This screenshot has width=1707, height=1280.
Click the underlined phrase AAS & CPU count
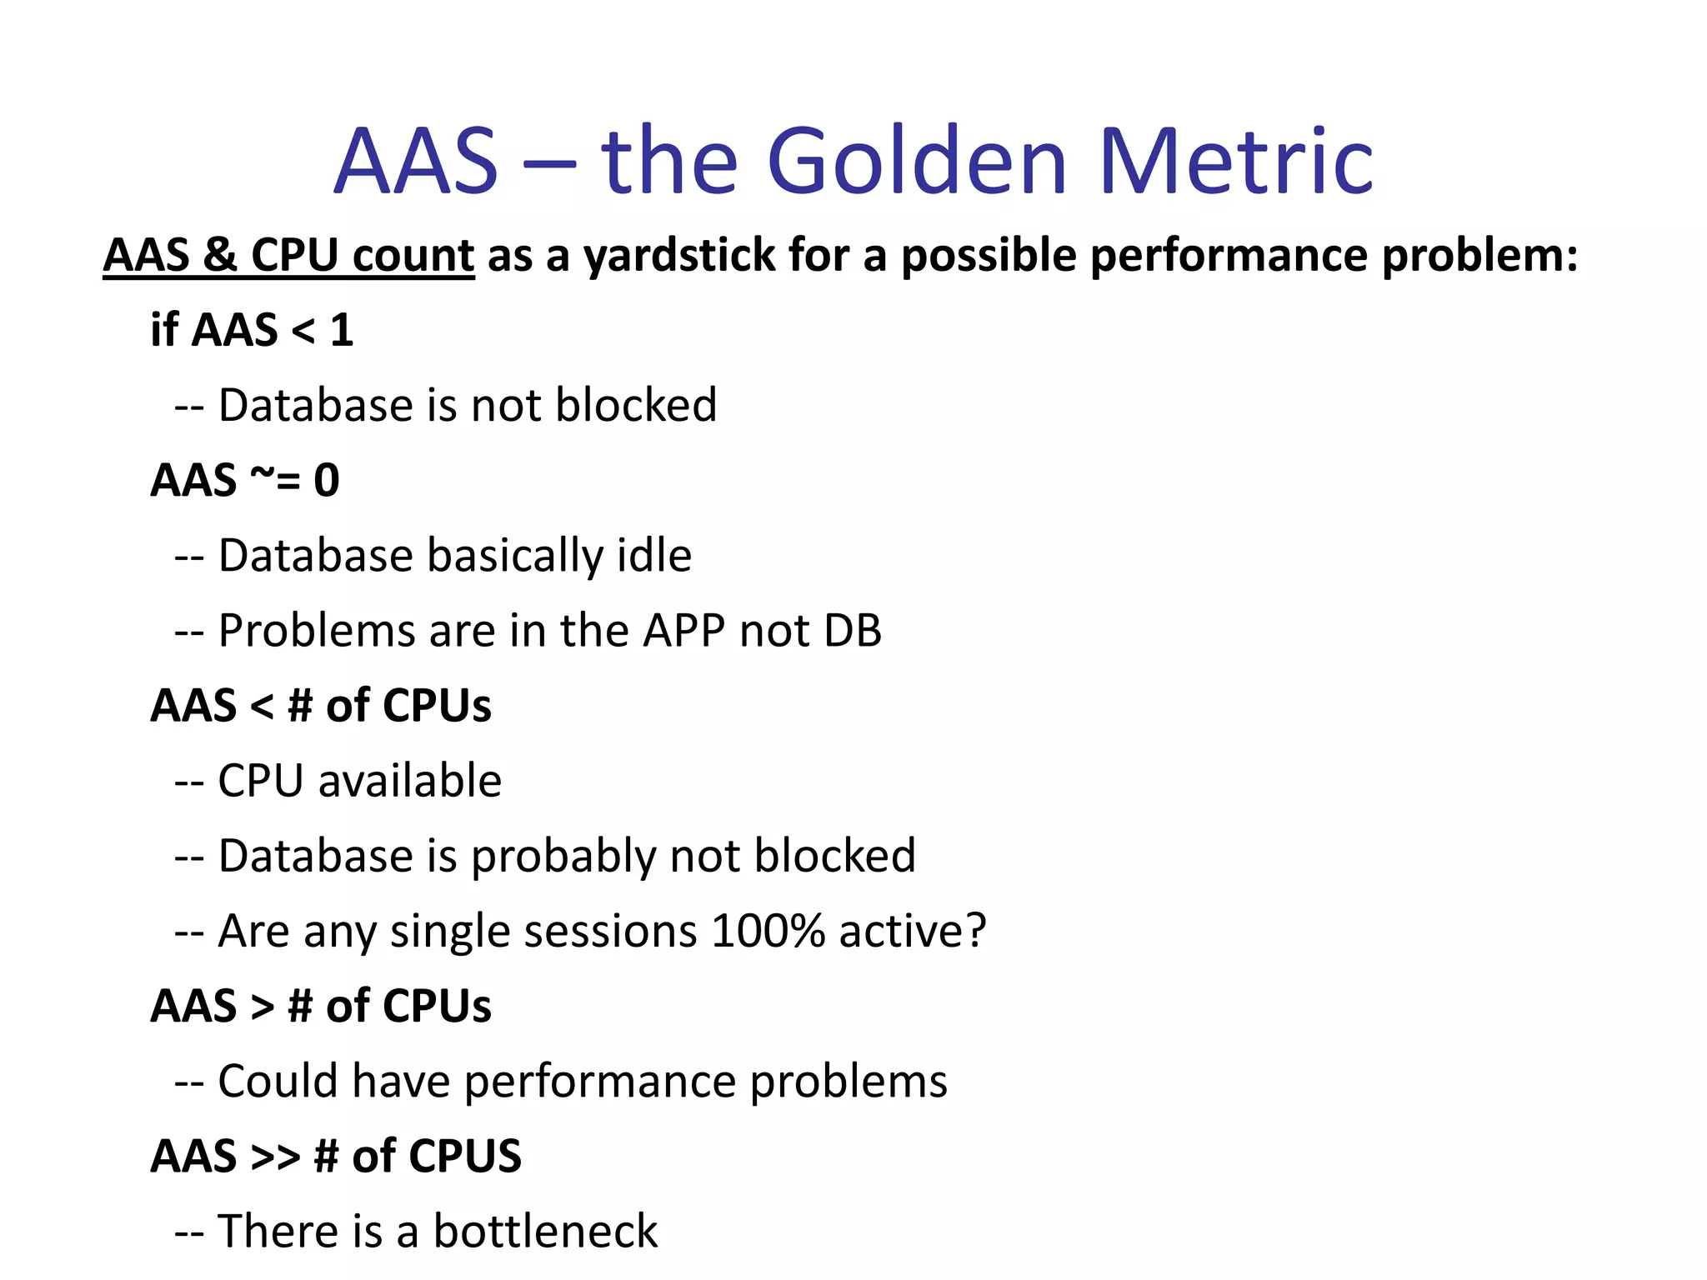288,255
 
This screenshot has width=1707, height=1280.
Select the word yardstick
679,255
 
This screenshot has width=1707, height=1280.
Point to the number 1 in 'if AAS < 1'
342,330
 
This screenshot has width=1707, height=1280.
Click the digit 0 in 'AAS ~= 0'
327,481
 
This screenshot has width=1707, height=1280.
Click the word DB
852,631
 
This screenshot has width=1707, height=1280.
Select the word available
409,781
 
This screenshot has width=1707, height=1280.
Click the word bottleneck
545,1232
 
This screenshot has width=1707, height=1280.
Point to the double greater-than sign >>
275,1157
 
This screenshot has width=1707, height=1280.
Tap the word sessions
543,932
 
